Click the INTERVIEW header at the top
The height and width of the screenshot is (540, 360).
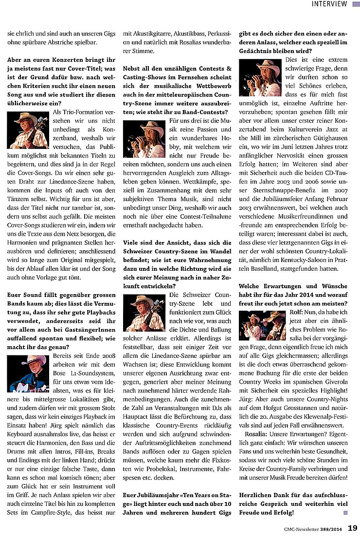pyautogui.click(x=329, y=4)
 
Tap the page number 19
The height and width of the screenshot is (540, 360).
pyautogui.click(x=353, y=528)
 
